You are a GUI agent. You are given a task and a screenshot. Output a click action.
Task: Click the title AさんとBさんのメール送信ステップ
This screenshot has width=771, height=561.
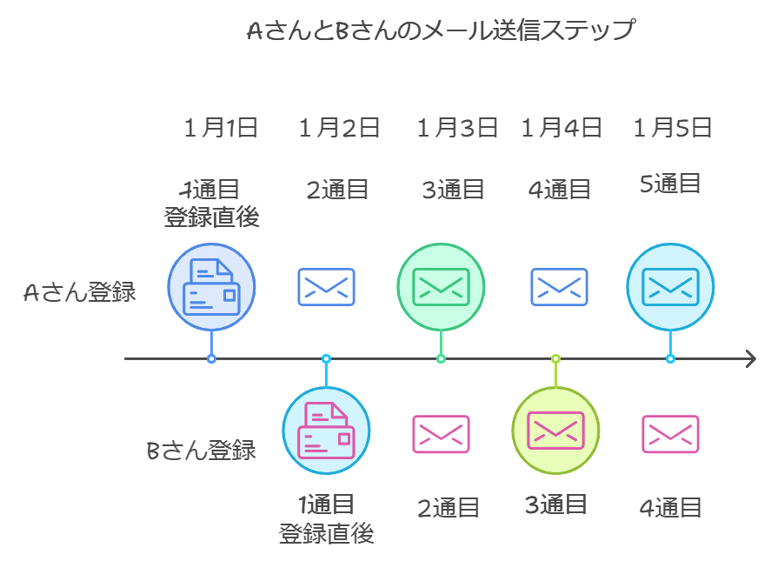click(441, 32)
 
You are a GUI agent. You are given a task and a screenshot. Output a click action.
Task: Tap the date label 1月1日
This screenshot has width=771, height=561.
click(221, 129)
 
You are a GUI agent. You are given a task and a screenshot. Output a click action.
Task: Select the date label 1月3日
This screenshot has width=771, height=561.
click(457, 129)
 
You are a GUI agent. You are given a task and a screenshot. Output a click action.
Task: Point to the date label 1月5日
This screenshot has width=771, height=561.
click(673, 129)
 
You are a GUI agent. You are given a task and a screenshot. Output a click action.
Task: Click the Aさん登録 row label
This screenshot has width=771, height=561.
click(80, 292)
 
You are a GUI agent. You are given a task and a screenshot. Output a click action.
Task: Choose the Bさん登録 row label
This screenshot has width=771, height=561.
click(201, 451)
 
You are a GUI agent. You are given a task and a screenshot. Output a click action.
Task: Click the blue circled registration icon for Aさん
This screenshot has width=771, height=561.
click(211, 286)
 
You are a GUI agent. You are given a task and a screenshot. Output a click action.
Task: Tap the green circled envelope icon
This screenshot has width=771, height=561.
click(441, 286)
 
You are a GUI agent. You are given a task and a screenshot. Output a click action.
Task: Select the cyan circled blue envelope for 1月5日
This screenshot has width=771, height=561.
click(670, 286)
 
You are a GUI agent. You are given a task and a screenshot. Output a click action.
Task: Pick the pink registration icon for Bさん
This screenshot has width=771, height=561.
click(326, 431)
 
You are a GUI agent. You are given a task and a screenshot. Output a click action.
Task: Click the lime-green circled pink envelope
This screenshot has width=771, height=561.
click(555, 429)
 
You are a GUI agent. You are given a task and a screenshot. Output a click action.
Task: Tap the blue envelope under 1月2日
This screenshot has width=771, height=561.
click(326, 287)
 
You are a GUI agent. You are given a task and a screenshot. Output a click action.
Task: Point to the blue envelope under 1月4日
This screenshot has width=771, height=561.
click(559, 287)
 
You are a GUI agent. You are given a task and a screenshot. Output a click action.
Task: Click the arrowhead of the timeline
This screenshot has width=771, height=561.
click(750, 358)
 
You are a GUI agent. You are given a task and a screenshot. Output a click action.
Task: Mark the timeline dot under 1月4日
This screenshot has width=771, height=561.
click(555, 358)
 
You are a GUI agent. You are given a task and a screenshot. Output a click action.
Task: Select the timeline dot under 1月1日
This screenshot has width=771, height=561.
click(211, 358)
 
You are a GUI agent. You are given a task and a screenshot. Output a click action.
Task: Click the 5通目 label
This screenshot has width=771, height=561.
click(670, 184)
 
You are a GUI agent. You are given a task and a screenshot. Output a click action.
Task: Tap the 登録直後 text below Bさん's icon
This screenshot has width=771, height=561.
click(326, 533)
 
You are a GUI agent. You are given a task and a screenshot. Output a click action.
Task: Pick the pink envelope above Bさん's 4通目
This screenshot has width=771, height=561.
click(670, 434)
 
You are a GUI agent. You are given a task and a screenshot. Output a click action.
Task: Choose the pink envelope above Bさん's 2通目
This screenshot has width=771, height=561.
click(441, 434)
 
